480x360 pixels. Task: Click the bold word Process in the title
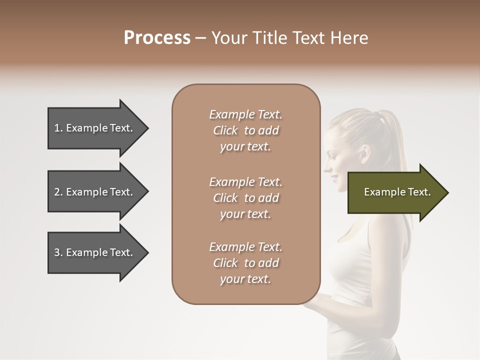click(157, 38)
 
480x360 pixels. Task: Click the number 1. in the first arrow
click(58, 128)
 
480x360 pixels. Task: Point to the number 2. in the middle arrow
click(58, 192)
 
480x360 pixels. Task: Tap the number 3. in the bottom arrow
click(58, 252)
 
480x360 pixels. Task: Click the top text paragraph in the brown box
click(245, 130)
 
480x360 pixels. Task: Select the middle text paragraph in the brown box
click(245, 198)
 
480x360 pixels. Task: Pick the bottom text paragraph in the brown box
click(245, 263)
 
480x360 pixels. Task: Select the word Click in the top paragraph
click(225, 130)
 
